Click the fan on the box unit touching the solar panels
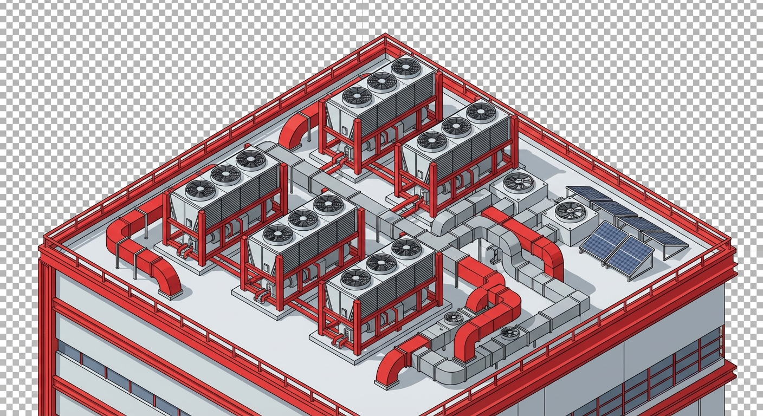(570, 211)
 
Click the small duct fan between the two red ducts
(452, 318)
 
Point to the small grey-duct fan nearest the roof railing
(509, 333)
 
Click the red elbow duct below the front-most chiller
(396, 363)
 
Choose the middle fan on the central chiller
(303, 219)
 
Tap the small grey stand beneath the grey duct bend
(494, 250)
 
